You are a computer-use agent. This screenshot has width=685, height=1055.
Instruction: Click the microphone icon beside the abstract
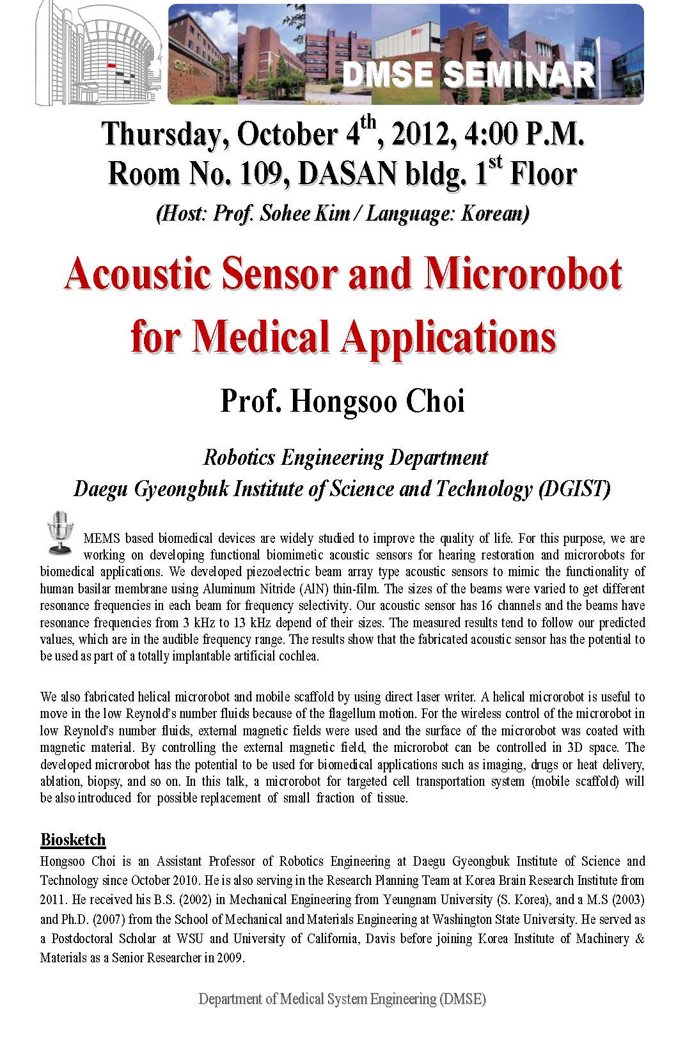point(59,532)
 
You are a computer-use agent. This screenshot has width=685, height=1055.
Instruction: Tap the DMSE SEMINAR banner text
point(469,75)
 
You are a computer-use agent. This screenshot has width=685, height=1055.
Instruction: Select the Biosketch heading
point(72,840)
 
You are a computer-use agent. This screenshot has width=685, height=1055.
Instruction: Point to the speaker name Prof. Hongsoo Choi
point(342,402)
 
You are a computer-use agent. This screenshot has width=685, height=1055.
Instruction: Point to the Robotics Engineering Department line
point(345,458)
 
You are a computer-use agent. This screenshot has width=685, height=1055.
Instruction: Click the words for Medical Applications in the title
point(343,337)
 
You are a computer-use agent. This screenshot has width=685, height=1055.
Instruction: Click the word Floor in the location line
point(542,173)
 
